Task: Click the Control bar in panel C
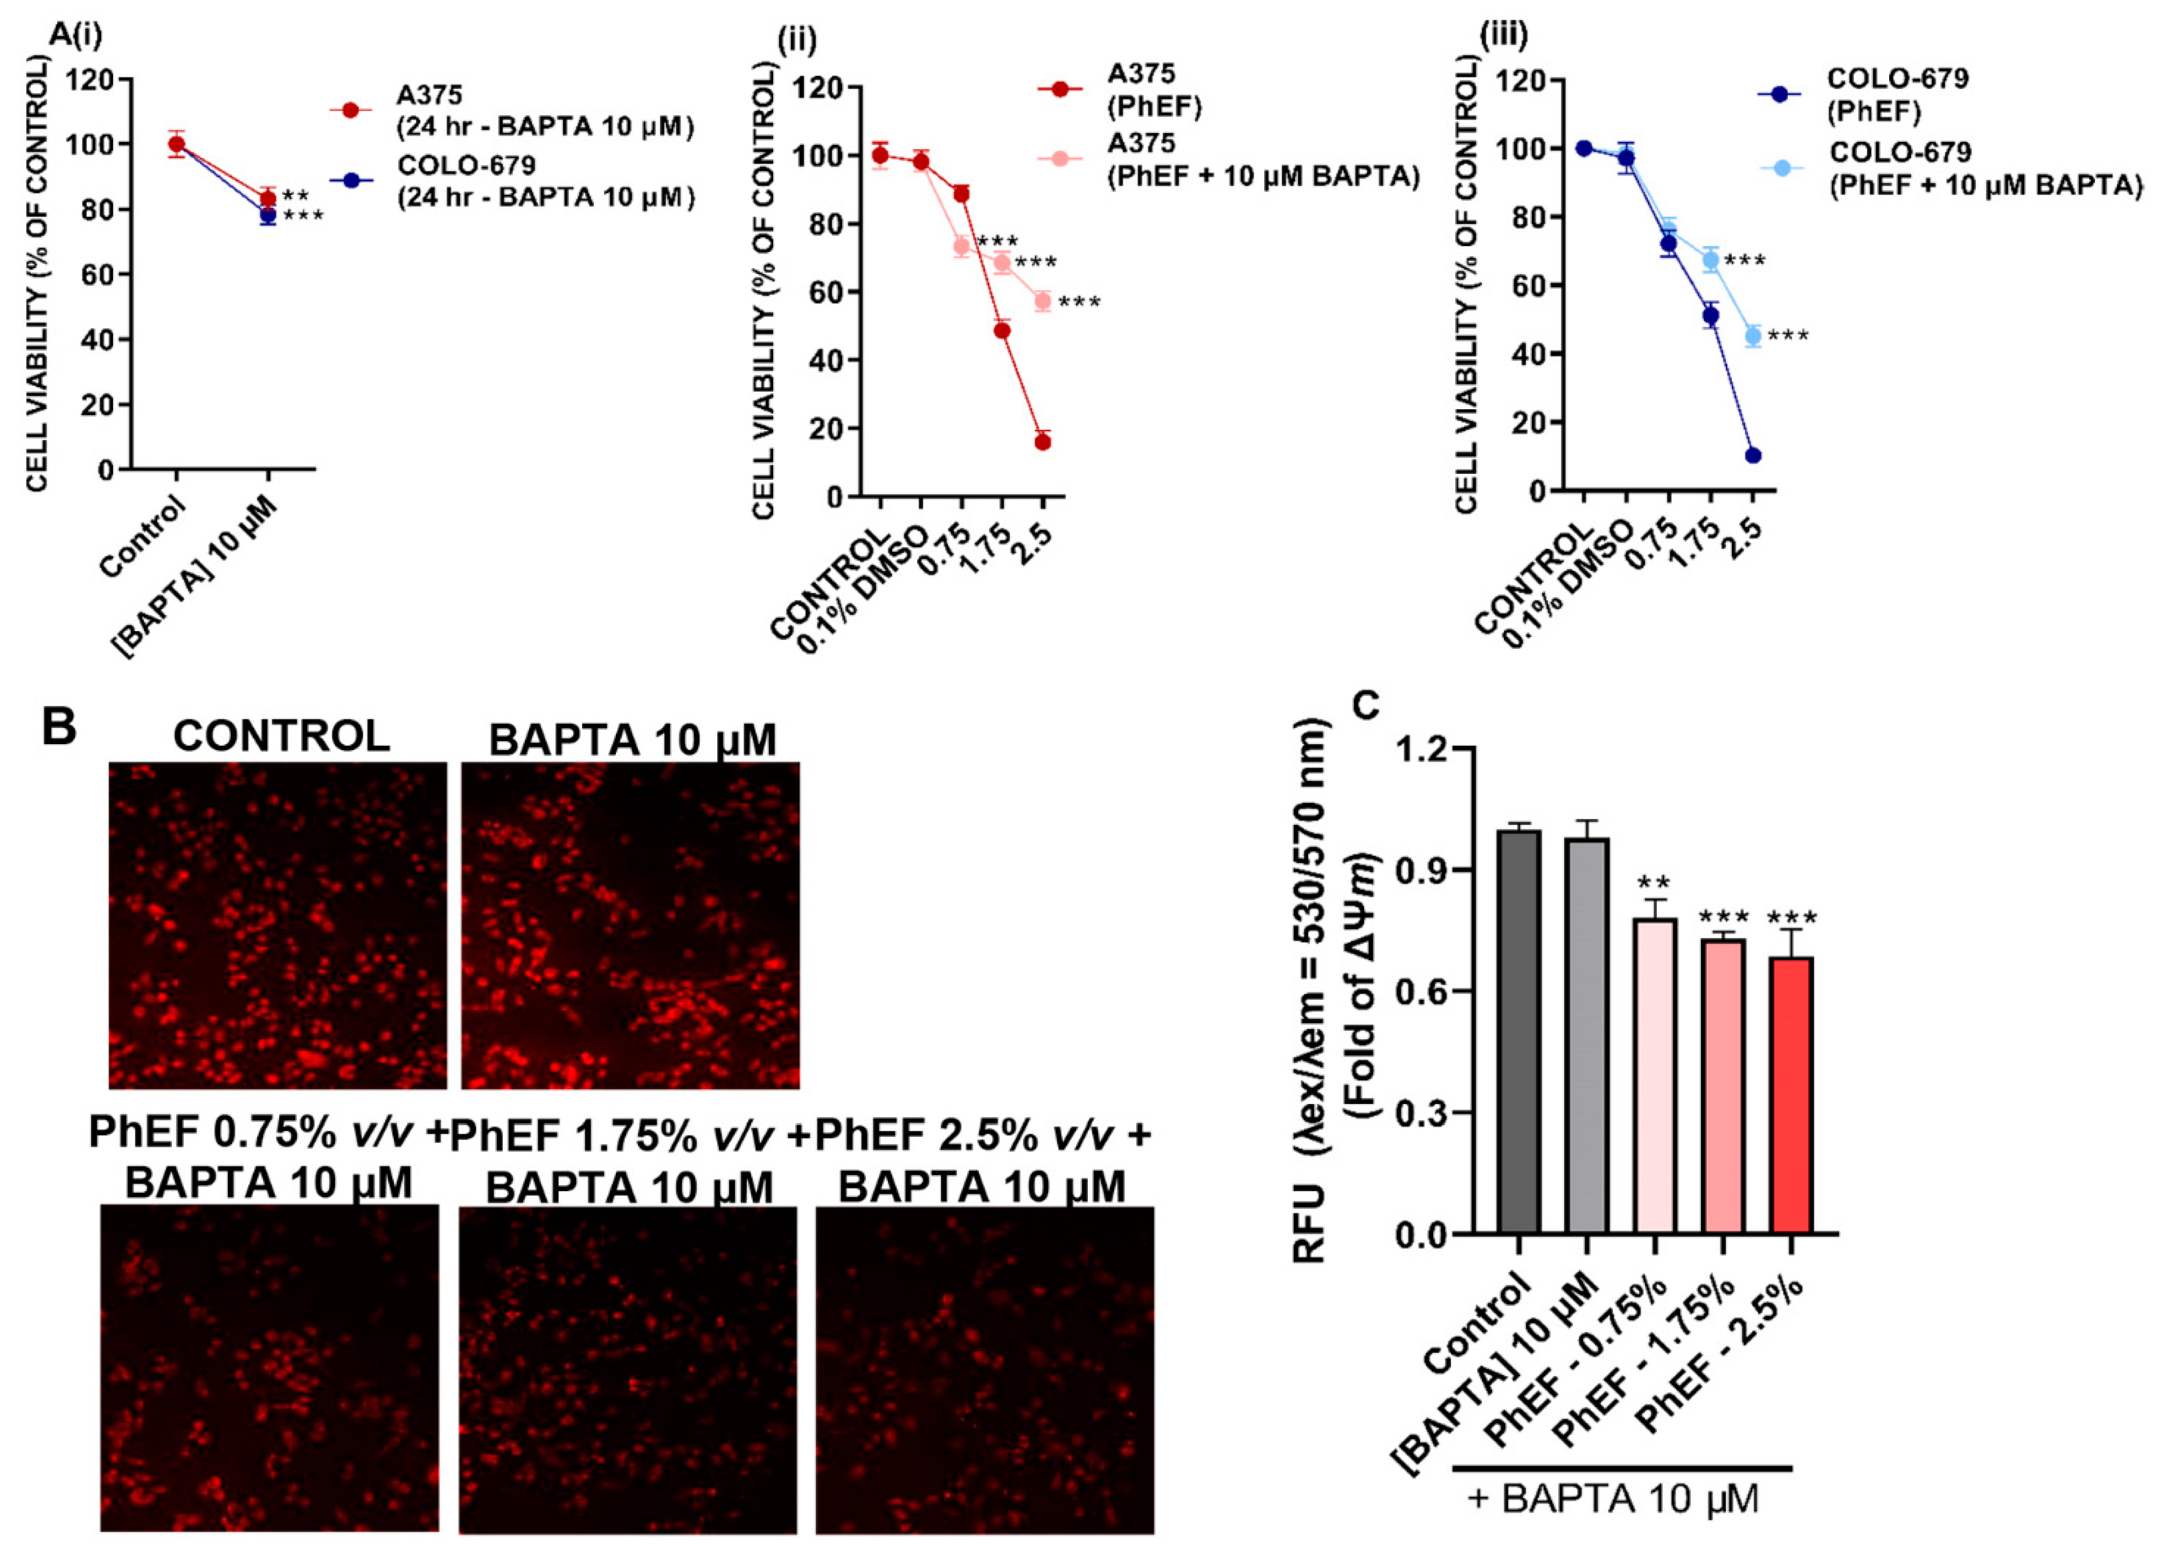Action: [1519, 1031]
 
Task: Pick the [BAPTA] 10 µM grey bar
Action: [1586, 1035]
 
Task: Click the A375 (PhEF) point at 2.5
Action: [1043, 442]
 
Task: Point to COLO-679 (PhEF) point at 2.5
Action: [1753, 455]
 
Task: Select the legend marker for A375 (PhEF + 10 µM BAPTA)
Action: [1059, 158]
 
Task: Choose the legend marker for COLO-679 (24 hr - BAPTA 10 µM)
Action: [351, 180]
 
